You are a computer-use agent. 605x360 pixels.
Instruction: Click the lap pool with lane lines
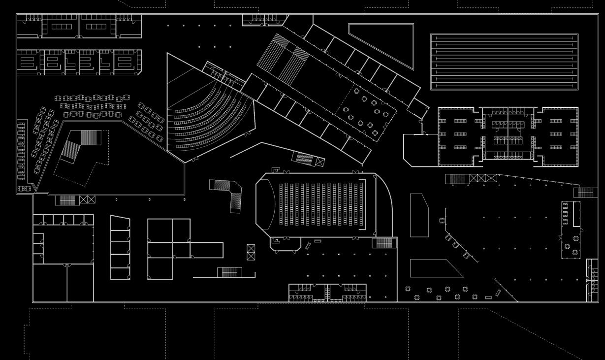[504, 62]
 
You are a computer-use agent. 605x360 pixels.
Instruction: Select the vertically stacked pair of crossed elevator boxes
[251, 252]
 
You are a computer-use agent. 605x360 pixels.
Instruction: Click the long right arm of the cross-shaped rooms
[206, 250]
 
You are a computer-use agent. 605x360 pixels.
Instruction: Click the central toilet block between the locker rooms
[508, 134]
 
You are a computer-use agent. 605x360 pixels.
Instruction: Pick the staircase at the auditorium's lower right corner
[383, 243]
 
